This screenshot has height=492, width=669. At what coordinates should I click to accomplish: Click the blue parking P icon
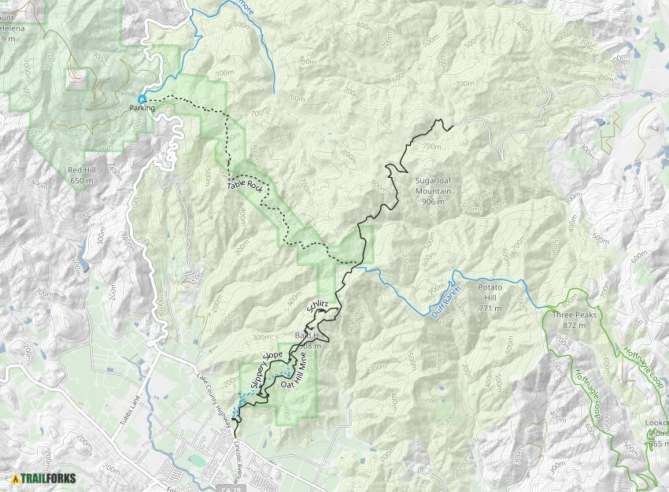142,99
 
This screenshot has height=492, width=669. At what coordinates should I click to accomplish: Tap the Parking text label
142,109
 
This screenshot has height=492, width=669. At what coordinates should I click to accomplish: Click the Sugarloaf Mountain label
433,185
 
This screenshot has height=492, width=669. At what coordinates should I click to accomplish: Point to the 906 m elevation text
433,202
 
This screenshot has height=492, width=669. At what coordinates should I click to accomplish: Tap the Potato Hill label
495,288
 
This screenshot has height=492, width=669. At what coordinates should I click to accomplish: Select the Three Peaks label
571,315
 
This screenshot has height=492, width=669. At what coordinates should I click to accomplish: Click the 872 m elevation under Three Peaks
571,325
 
